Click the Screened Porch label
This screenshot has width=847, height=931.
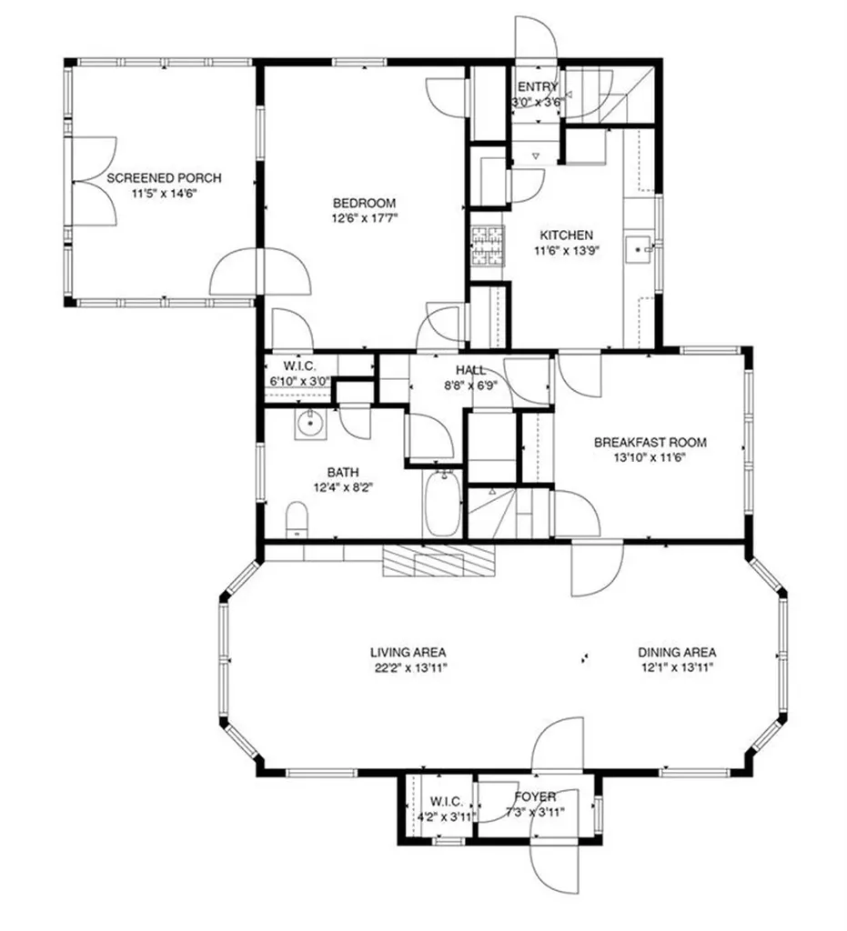164,178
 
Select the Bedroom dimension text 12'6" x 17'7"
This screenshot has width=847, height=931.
364,218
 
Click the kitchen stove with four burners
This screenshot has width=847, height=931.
487,246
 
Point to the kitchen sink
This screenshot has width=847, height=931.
640,246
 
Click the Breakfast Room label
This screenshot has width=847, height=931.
650,443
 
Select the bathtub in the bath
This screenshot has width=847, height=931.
444,506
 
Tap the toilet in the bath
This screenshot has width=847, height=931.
297,519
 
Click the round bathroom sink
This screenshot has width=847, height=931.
310,423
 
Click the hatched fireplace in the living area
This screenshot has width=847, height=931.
439,560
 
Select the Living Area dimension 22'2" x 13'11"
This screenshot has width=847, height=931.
408,667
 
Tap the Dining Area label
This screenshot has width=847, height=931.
676,652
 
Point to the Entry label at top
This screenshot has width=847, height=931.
538,87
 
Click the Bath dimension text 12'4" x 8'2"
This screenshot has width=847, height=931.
344,486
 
